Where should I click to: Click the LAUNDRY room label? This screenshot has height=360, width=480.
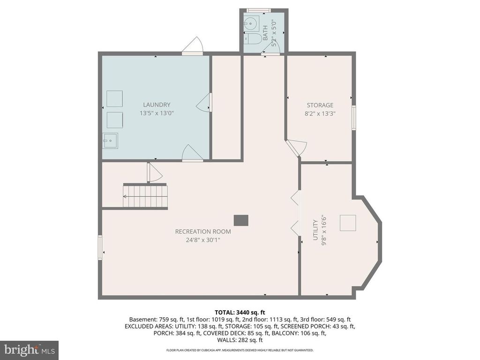157,105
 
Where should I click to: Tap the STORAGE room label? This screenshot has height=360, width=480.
320,105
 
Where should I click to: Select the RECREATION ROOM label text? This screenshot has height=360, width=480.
203,231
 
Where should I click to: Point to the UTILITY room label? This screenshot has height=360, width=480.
315,230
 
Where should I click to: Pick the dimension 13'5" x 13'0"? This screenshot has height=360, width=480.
157,113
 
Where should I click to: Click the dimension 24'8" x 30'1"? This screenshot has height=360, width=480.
203,240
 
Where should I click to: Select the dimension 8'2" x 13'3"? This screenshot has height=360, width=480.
320,113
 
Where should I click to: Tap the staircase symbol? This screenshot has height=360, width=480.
145,196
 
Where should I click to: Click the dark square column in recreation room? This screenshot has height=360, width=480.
241,220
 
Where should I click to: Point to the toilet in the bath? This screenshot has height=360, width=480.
254,38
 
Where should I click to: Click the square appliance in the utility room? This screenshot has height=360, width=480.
348,223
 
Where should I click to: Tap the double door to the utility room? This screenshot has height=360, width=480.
295,212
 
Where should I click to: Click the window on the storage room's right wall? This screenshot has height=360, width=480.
354,117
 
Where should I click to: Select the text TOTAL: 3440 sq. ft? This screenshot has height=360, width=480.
240,312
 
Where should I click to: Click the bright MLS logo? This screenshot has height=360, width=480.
29,350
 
